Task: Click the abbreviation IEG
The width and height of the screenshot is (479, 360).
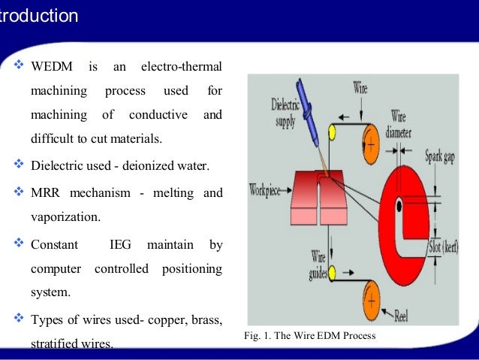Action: point(120,244)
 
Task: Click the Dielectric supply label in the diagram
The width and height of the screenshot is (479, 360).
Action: point(285,112)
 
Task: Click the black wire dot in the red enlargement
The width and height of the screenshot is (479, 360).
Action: point(399,204)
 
